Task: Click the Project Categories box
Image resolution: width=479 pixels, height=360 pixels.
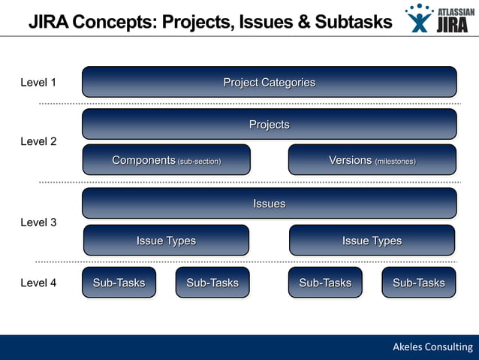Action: pos(269,82)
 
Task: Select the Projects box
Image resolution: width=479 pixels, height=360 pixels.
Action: pos(269,124)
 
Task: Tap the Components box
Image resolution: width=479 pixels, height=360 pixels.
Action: pos(166,159)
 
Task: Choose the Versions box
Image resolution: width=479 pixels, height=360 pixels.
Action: pos(372,159)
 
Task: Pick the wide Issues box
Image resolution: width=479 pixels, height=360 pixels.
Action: pos(269,203)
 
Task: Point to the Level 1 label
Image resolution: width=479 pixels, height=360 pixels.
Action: pos(38,83)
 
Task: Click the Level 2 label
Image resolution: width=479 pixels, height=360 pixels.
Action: pos(38,141)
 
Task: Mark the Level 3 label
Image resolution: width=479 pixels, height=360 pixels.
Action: pos(38,222)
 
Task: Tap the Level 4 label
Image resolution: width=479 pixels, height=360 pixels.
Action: pos(38,283)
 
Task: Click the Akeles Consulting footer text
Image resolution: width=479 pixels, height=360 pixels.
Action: pos(432,346)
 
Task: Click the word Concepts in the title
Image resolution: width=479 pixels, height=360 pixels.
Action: pos(116,22)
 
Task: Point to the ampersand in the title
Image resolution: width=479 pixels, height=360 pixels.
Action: pos(303,22)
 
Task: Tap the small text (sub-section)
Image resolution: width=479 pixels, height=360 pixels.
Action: pos(199,161)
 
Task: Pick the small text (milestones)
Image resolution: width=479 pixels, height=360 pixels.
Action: pos(395,161)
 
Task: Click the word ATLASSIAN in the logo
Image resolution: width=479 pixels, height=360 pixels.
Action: pos(456,12)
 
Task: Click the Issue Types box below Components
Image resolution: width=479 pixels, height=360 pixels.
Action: pos(166,241)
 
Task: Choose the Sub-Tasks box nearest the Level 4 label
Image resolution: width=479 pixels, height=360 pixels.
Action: pos(119,283)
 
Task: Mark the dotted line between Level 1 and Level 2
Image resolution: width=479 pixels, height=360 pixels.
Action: pos(248,103)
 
